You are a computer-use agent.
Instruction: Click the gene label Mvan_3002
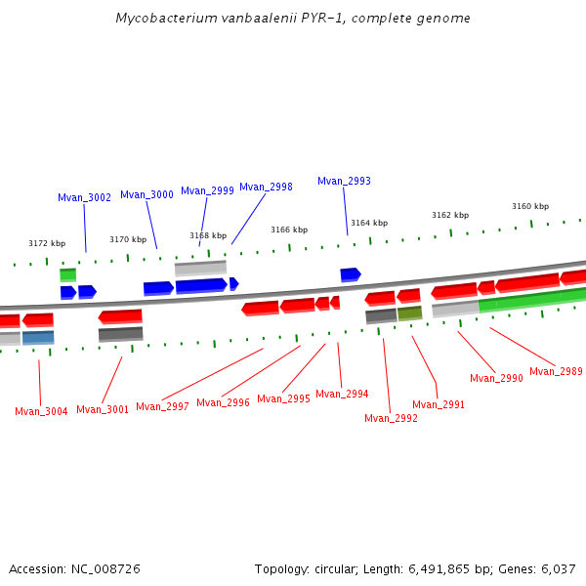click(x=84, y=197)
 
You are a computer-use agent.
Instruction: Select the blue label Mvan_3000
click(x=146, y=194)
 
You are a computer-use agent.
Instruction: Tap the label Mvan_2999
click(x=207, y=190)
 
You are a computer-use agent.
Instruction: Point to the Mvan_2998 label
click(x=266, y=187)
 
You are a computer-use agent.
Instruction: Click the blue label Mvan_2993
click(x=344, y=181)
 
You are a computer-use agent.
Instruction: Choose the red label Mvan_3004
click(x=41, y=411)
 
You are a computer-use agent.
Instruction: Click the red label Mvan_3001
click(x=103, y=409)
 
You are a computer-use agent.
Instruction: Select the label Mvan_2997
click(x=162, y=406)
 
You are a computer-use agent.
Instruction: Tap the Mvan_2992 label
click(x=391, y=418)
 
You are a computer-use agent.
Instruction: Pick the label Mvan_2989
click(x=556, y=371)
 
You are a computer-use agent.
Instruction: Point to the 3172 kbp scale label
click(x=47, y=243)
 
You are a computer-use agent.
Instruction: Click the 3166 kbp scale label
click(x=289, y=230)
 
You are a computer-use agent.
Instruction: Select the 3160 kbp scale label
click(x=530, y=206)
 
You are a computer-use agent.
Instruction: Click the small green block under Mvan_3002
click(x=67, y=275)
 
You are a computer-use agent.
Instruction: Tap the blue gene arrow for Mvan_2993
click(x=350, y=274)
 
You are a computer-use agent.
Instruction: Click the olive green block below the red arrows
click(x=409, y=314)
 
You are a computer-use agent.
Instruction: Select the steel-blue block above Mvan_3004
click(x=38, y=338)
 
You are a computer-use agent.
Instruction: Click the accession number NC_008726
click(x=106, y=568)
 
